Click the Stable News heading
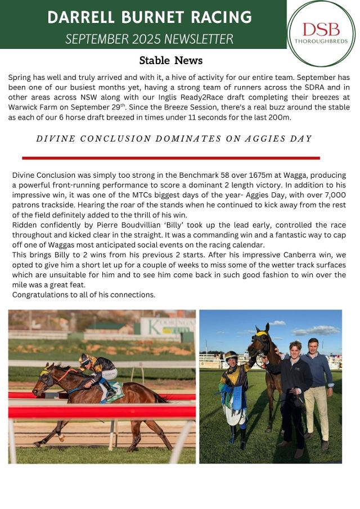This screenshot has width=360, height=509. click(170, 60)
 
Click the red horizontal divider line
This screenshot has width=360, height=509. click(170, 158)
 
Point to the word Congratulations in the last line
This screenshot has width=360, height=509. click(40, 294)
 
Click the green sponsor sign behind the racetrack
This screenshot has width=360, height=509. click(166, 327)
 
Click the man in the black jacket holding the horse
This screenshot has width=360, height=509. click(293, 394)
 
